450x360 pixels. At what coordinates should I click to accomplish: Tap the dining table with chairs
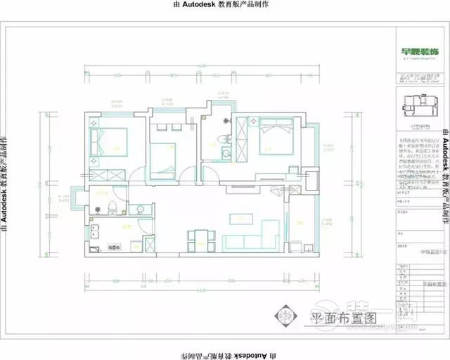[x=198, y=239]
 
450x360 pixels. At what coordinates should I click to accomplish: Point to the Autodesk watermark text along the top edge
[x=224, y=4]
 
